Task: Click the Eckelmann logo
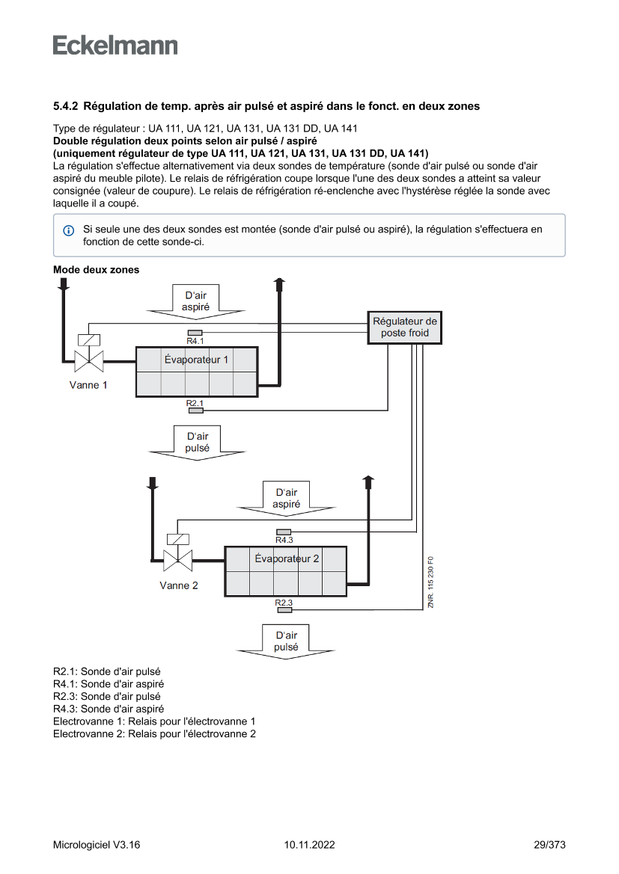(x=115, y=46)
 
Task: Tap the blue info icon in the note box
(x=68, y=230)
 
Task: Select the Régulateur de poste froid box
(x=404, y=327)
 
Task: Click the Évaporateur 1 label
(x=196, y=360)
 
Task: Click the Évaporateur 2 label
(x=287, y=558)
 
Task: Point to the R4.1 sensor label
(x=195, y=341)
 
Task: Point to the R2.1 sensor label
(x=195, y=404)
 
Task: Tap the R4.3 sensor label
(x=284, y=540)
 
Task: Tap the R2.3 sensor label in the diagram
(x=284, y=603)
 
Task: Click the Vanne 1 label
(x=88, y=386)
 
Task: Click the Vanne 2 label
(x=178, y=585)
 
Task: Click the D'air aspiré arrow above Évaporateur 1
(x=195, y=301)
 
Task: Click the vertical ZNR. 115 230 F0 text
(x=431, y=582)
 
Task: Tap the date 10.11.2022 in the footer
(x=309, y=845)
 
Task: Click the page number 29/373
(x=549, y=845)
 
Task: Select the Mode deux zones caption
(x=96, y=270)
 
